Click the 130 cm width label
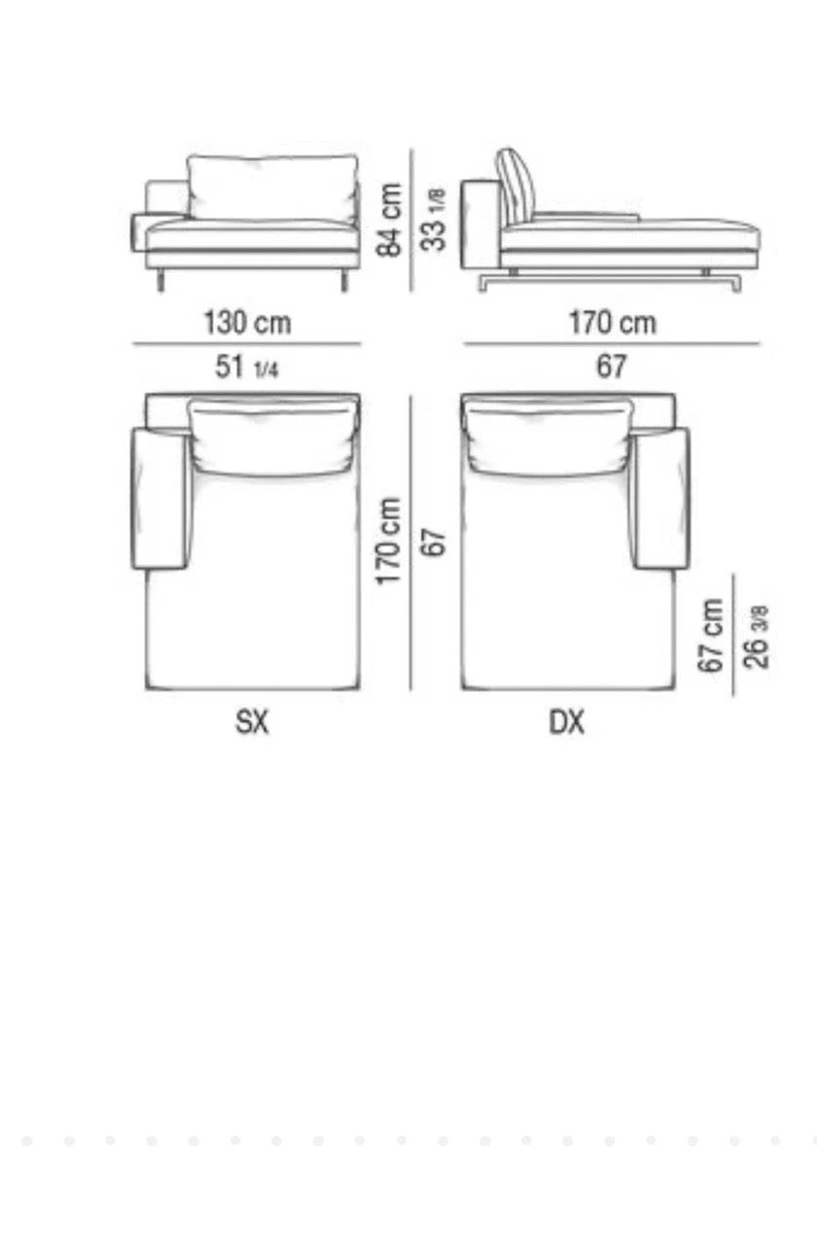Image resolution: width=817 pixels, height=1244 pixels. pos(247,323)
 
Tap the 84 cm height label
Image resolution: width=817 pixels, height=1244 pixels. pos(388,220)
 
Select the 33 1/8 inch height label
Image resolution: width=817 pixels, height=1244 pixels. pos(434,220)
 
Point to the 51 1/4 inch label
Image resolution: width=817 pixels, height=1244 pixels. pos(247,366)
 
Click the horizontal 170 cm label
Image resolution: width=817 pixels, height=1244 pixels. pos(612,323)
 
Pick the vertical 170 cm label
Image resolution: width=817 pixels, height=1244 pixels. pos(388,541)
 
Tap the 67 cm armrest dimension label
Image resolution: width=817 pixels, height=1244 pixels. pos(711,636)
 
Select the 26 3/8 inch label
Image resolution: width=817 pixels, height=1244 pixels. pos(756,637)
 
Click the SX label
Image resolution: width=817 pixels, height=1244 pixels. pos(252,722)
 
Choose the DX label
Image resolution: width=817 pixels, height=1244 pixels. pos(566,722)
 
